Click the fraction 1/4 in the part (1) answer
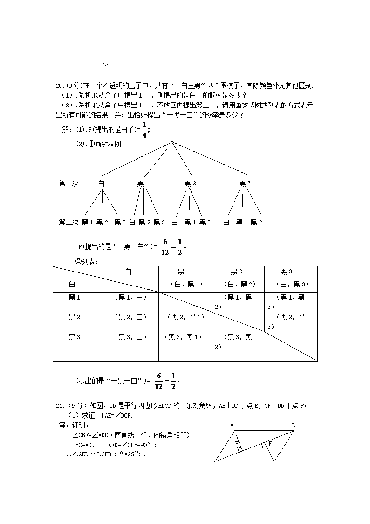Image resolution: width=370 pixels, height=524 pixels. point(144,130)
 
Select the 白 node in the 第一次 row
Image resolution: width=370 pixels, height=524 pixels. point(101,183)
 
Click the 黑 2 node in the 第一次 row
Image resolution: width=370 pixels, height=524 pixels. point(190,183)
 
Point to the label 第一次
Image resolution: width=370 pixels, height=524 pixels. point(69,183)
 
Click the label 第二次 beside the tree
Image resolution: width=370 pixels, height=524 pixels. point(69,222)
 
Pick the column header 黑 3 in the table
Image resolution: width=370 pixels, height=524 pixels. point(286,272)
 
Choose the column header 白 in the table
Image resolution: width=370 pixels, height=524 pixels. point(129,272)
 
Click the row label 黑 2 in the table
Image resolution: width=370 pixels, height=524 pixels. point(75,317)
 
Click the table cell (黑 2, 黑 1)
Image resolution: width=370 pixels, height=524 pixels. point(185,317)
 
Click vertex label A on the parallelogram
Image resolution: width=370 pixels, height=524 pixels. point(232,425)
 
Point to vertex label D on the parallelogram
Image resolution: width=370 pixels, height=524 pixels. point(293,425)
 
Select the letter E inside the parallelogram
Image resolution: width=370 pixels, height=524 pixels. point(237,444)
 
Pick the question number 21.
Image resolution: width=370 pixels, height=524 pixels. point(59,406)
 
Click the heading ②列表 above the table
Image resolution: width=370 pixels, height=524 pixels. point(87,261)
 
